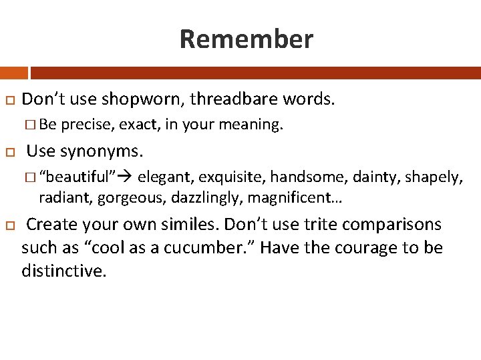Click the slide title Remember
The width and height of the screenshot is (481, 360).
point(246,39)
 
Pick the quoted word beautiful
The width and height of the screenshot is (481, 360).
point(77,177)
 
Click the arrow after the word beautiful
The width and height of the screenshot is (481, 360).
point(126,177)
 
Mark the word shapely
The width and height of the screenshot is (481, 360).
point(436,177)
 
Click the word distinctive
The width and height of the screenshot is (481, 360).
point(64,271)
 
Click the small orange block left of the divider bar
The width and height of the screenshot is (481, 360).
point(13,73)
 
